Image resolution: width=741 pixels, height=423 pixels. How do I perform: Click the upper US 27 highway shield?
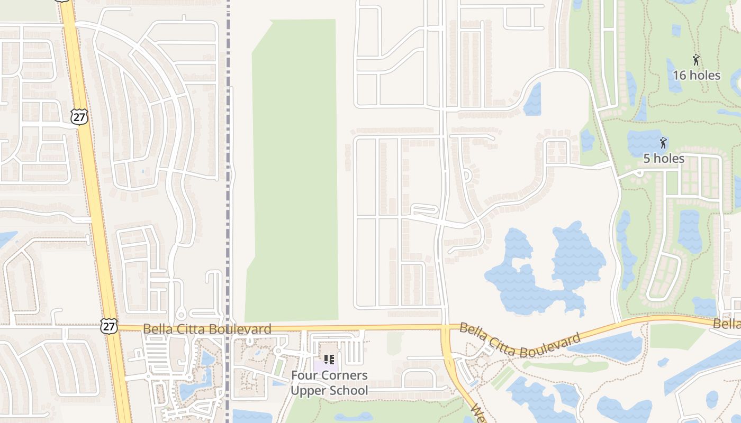79,117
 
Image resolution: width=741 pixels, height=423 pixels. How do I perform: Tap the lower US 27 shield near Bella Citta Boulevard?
109,326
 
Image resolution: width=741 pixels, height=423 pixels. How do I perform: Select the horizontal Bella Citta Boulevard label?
207,329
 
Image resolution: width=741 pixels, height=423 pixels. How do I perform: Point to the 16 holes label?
696,75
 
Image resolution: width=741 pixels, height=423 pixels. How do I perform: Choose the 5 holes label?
664,158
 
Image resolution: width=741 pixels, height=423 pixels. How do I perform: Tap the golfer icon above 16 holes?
696,60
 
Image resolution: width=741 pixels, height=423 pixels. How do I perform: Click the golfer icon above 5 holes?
663,143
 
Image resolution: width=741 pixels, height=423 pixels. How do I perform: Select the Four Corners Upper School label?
329,383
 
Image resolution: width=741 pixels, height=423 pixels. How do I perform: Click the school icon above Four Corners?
329,360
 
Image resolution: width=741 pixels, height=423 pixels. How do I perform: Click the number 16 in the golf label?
680,75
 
